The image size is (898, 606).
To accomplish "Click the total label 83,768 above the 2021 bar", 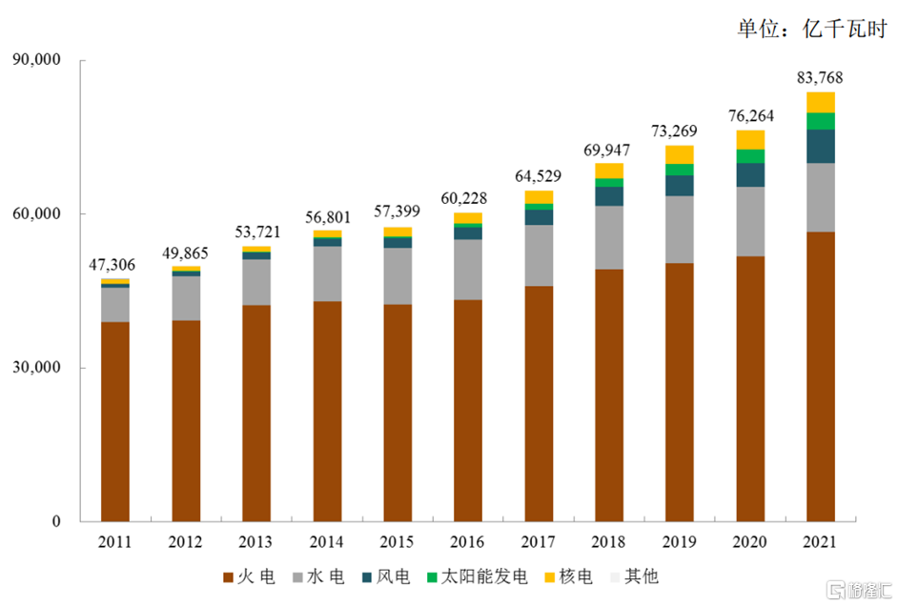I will [x=819, y=77].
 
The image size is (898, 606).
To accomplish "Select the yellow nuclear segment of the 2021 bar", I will [x=820, y=102].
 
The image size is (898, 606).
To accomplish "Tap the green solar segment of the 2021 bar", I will [x=820, y=121].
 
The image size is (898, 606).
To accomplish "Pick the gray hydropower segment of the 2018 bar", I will [x=608, y=237].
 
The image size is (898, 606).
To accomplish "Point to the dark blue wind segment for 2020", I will [x=749, y=174].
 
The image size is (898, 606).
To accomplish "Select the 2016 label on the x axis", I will [x=467, y=542].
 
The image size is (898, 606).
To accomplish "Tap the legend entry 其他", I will [x=636, y=576].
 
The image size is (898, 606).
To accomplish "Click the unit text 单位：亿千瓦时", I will [x=811, y=28].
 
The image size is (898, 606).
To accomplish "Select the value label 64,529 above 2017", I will [x=538, y=175].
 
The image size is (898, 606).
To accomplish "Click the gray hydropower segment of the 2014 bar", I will [x=327, y=273].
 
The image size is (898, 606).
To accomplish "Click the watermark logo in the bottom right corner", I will [x=855, y=588].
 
